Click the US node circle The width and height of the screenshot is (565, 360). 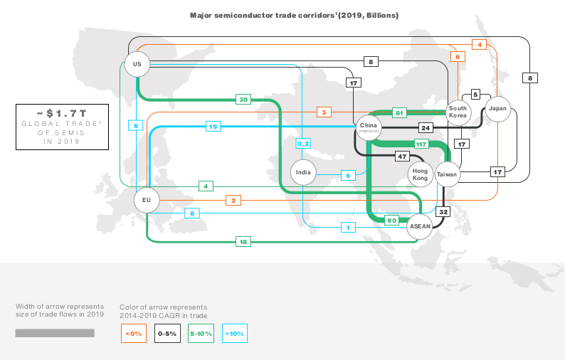[x=137, y=64]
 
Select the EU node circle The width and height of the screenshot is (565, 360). [x=147, y=200]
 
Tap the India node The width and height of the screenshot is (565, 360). [x=303, y=172]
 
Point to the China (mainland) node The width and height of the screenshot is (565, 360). [x=369, y=127]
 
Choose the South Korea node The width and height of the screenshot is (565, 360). [x=458, y=112]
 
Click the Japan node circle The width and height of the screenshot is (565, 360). [x=497, y=109]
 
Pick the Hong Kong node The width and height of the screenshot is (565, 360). [x=420, y=174]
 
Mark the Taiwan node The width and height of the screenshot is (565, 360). [x=447, y=174]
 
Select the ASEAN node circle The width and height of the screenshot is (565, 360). [x=420, y=226]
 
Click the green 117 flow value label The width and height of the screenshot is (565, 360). [x=421, y=144]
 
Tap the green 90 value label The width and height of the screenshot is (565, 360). [x=391, y=221]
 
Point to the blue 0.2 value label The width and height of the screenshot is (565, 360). [x=303, y=144]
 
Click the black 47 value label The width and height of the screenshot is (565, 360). [x=402, y=157]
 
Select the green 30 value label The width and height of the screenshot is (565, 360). [x=243, y=100]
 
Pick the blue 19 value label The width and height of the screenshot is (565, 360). [x=213, y=127]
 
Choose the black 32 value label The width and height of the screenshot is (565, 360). [x=443, y=212]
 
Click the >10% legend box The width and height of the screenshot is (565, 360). [x=235, y=334]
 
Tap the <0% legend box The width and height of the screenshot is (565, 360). [x=134, y=334]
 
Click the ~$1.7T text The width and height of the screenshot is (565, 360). [x=62, y=114]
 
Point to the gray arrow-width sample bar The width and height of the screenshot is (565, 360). [x=55, y=333]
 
